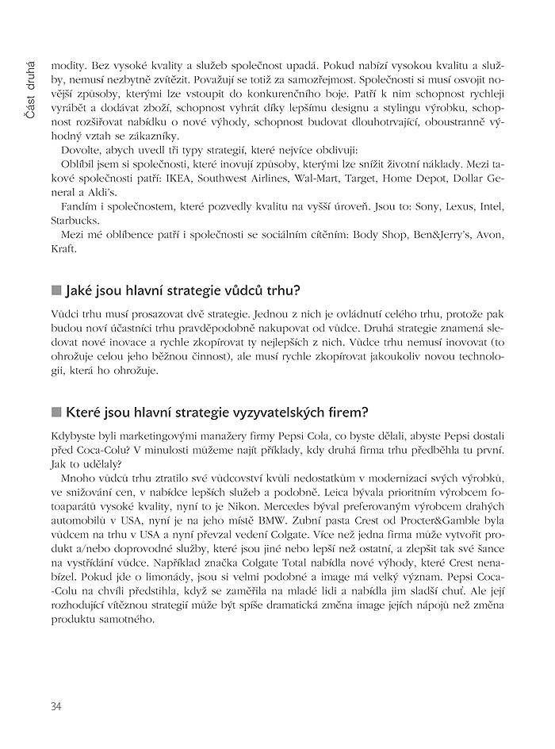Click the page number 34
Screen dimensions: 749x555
(55, 706)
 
